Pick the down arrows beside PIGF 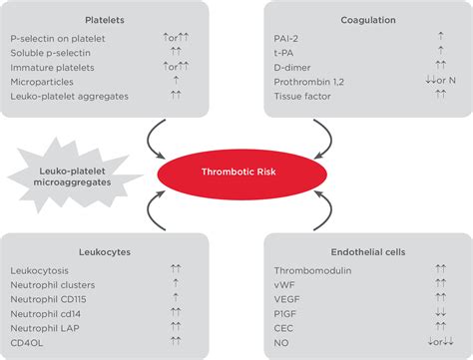(x=439, y=313)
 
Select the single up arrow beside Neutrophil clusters (x=176, y=285)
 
